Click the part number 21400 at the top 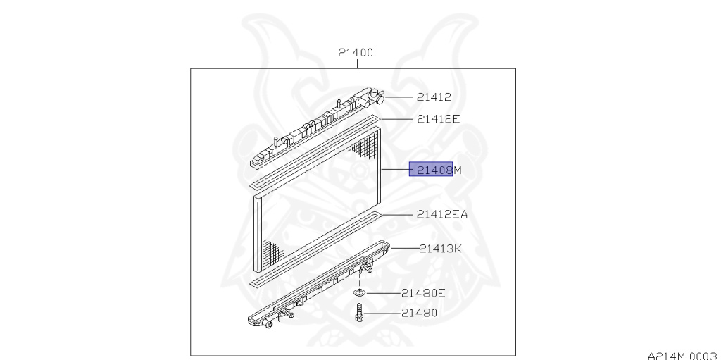point(356,52)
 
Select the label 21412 point(434,97)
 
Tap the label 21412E point(438,119)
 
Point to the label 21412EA point(442,214)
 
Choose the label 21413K point(440,249)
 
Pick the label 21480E point(423,293)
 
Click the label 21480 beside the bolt point(419,313)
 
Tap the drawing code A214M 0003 point(684,355)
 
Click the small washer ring point(359,293)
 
